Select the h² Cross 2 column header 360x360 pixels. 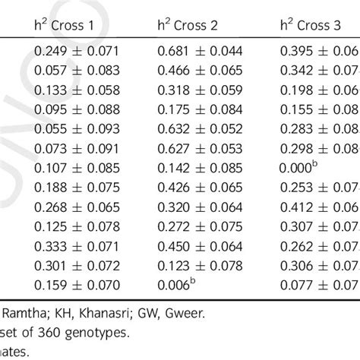(x=189, y=26)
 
